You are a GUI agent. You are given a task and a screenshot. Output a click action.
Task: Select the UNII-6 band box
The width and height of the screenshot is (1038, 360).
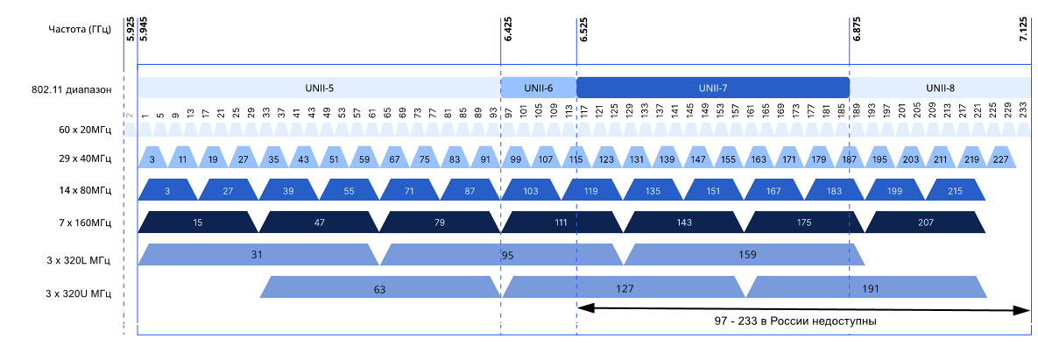(x=538, y=88)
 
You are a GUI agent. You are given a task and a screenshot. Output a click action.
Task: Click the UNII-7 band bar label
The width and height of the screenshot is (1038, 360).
(x=712, y=88)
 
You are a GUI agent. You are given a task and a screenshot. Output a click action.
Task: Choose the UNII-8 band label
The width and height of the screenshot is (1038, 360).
(x=940, y=88)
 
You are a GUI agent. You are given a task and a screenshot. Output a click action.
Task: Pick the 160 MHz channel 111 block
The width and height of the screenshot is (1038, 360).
(x=561, y=222)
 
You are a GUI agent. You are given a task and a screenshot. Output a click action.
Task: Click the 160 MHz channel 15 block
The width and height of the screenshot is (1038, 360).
(x=198, y=222)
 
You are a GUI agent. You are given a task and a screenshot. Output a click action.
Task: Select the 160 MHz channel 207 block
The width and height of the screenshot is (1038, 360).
(x=925, y=222)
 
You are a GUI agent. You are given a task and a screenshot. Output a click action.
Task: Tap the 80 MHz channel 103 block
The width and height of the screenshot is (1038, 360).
(x=530, y=190)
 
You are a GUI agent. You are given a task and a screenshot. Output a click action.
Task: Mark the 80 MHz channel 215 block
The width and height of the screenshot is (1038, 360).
(x=955, y=190)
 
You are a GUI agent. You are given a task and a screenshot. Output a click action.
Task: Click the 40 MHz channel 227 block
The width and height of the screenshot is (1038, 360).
(x=1000, y=159)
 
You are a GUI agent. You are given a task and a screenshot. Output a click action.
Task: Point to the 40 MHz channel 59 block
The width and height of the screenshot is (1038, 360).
(x=364, y=159)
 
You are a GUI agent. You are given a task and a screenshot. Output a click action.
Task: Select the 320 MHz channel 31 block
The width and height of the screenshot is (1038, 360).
(x=258, y=255)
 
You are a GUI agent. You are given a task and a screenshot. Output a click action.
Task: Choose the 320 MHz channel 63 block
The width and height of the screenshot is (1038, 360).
(x=379, y=287)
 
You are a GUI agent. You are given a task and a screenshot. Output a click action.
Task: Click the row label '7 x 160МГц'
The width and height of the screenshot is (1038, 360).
(x=83, y=222)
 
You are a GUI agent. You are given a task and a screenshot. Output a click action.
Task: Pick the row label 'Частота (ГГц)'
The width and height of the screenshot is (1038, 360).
(x=80, y=30)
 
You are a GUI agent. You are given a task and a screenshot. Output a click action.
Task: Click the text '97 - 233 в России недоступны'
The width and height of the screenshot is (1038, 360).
(x=795, y=321)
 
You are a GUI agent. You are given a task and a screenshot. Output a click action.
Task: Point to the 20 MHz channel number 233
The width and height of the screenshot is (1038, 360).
(x=1022, y=111)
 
